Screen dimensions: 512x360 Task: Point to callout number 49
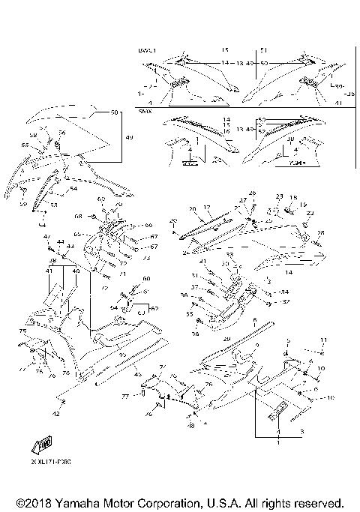[x=129, y=138]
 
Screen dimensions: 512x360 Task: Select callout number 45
[x=138, y=374]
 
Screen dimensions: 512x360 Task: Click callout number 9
[x=256, y=346]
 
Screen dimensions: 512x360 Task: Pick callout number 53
[x=53, y=204]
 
